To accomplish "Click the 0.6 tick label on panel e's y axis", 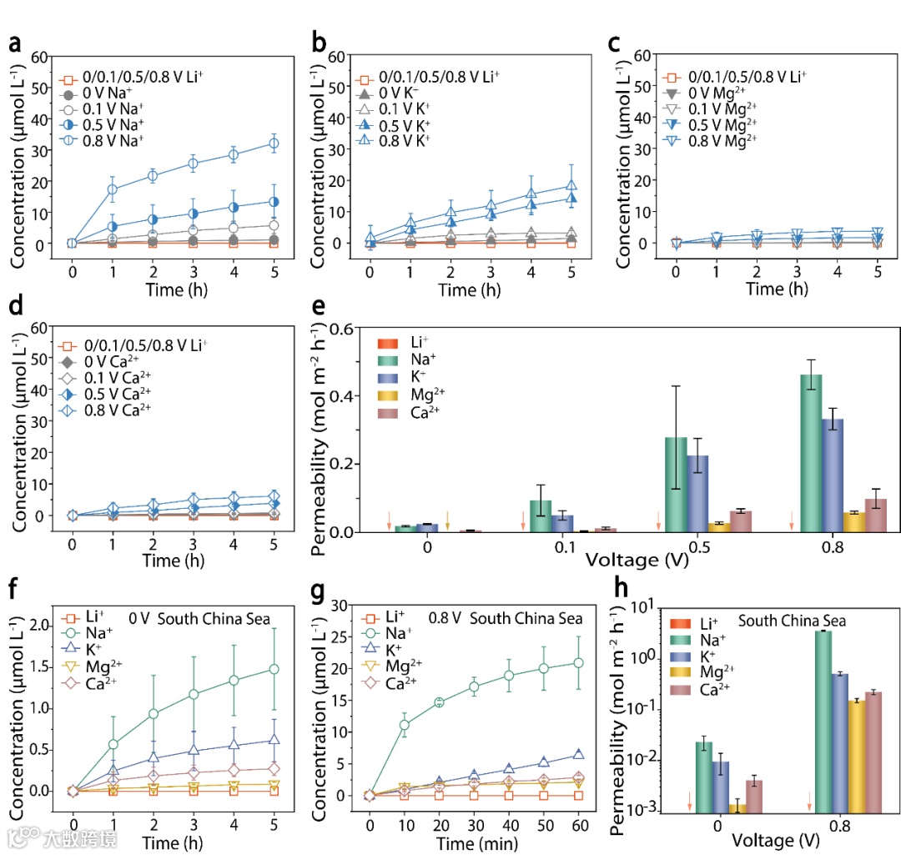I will click(x=339, y=329).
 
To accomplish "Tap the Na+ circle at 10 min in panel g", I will click(x=405, y=725).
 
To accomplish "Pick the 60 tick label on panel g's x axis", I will click(x=577, y=817).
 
